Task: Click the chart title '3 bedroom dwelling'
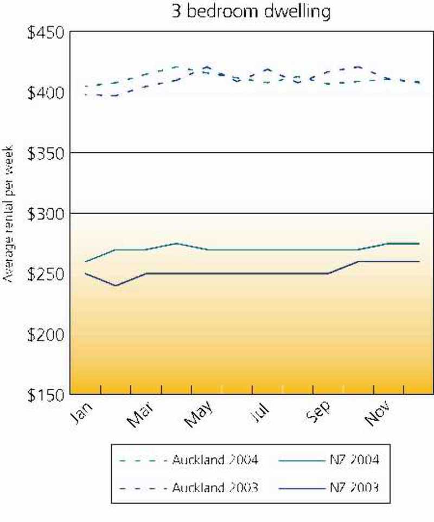[251, 11]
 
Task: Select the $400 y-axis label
[46, 93]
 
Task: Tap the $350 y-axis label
[46, 153]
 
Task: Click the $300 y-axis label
[46, 214]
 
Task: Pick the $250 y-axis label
[46, 274]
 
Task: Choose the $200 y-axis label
[46, 334]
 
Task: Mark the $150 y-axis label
[46, 394]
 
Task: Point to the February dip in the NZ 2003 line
[116, 285]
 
